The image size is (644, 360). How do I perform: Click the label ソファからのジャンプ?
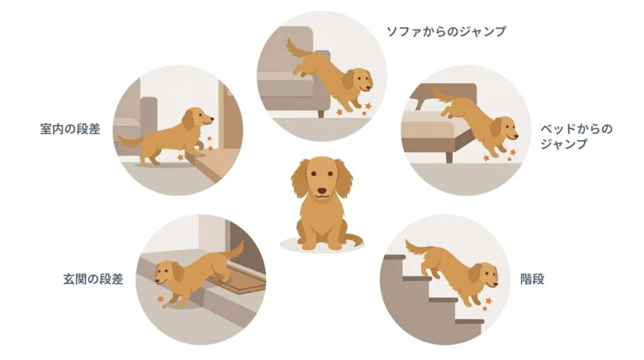445,31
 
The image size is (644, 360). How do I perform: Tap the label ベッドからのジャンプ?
576,137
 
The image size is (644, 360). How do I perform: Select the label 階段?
532,279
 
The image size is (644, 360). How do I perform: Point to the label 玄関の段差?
92,279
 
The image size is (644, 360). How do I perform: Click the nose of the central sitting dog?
321,191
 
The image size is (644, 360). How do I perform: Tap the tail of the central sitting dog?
353,240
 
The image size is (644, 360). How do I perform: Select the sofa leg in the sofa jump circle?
321,113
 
